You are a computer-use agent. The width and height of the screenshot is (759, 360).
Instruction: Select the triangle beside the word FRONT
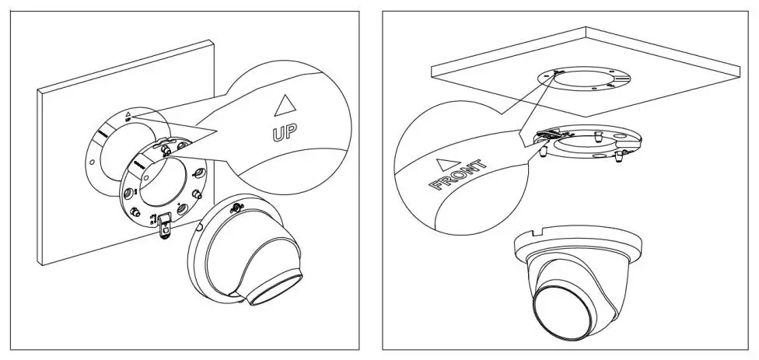(x=445, y=165)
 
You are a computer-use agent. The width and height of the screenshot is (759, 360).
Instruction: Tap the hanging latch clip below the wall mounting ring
(x=164, y=227)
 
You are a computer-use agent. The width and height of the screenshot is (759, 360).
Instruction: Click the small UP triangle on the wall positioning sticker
(x=128, y=114)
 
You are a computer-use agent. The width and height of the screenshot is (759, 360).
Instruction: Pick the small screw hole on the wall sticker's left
(x=93, y=164)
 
